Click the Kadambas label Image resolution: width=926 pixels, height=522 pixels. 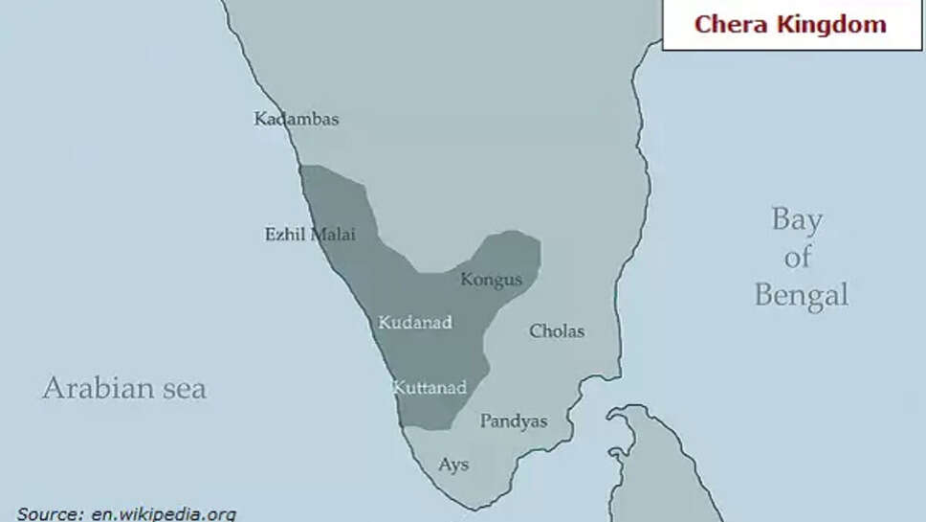click(297, 120)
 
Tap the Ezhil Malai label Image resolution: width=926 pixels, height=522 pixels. click(310, 234)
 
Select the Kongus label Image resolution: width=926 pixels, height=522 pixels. click(492, 280)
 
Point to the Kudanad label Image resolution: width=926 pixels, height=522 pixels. click(414, 323)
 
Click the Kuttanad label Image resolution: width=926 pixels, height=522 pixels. click(430, 388)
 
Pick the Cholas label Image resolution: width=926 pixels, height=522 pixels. click(557, 331)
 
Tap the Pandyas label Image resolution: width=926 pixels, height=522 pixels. click(514, 420)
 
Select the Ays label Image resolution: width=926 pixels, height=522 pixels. click(453, 465)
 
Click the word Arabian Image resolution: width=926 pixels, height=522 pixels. click(98, 388)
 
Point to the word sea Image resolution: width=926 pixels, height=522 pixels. click(184, 389)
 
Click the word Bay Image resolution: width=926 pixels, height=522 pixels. click(797, 220)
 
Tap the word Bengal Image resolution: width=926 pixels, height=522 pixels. click(801, 295)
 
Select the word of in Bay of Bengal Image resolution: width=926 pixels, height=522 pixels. click(798, 257)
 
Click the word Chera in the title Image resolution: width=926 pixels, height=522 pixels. click(732, 24)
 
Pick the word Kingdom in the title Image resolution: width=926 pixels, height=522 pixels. click(831, 24)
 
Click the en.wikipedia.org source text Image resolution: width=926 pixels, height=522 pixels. click(163, 514)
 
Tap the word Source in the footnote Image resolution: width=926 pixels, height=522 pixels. click(51, 514)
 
